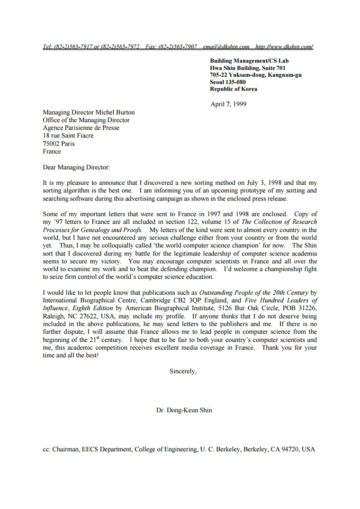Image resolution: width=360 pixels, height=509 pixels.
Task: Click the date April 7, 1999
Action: tap(228, 104)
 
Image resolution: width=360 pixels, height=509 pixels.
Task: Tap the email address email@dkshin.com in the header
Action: tap(226, 47)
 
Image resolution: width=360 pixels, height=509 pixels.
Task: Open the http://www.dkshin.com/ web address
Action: tap(284, 47)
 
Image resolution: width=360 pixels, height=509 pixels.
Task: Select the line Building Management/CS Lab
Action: tap(249, 61)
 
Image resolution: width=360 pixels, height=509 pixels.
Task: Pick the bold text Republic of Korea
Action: tap(234, 89)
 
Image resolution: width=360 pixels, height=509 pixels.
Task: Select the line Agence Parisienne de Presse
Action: tap(81, 128)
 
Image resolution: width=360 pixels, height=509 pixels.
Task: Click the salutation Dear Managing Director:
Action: tap(76, 167)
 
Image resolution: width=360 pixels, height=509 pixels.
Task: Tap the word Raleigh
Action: tap(53, 316)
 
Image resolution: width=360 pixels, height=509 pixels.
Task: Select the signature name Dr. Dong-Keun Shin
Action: tap(184, 410)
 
